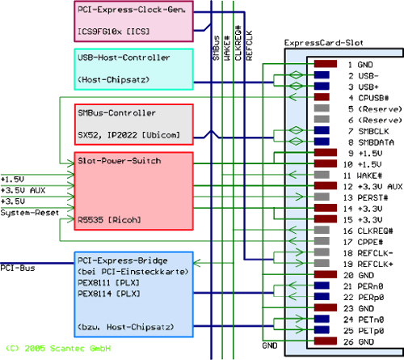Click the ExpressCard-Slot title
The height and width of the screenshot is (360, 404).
[323, 43]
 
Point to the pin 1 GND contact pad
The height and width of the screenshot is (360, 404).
[326, 64]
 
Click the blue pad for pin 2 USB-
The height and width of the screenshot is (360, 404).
[322, 75]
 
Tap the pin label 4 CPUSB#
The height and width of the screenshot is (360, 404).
[368, 98]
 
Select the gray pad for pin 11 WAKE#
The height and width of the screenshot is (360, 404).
[322, 175]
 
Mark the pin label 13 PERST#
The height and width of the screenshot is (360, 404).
[365, 197]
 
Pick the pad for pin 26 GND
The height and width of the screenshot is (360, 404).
[326, 341]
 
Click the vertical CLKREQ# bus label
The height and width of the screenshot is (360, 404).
[238, 43]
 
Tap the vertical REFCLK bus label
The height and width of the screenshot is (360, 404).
[249, 45]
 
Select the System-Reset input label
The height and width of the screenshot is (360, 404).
[30, 213]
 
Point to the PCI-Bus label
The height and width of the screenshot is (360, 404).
[18, 269]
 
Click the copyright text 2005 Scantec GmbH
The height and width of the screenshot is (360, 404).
[67, 349]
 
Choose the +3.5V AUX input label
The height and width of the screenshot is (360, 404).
[23, 190]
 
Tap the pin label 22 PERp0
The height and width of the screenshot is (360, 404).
[364, 298]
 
